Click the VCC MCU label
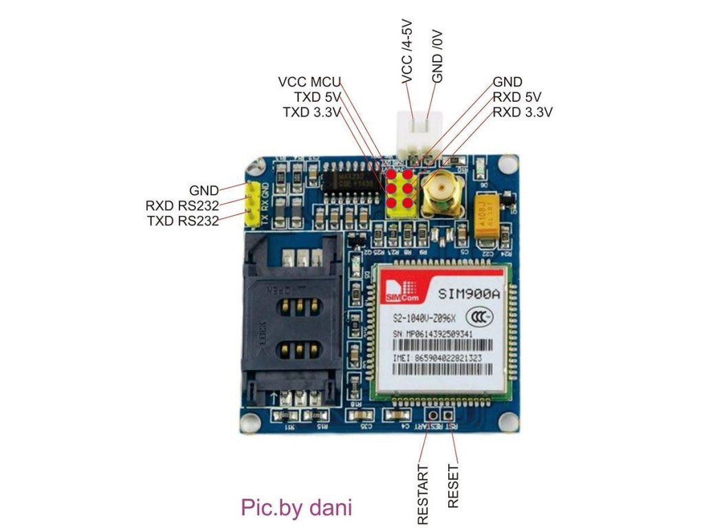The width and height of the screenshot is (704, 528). click(309, 82)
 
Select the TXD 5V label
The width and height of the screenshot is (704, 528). click(317, 97)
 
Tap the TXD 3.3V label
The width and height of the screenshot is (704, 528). click(311, 112)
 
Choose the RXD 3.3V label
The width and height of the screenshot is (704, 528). click(522, 112)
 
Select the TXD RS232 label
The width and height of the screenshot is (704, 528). click(182, 221)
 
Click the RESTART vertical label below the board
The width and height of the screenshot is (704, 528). click(423, 494)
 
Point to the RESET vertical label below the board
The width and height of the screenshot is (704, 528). click(453, 485)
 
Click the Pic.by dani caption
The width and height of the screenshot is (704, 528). click(296, 507)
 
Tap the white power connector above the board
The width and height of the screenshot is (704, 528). click(417, 133)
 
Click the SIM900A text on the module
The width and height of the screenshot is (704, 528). click(469, 294)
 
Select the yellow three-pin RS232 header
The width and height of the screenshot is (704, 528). click(254, 204)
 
